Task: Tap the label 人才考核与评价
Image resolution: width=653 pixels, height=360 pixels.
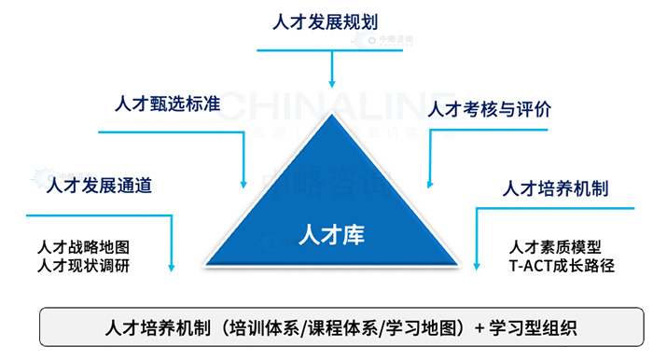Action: tap(489, 109)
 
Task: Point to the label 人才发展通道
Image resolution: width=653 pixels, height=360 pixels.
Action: tap(99, 186)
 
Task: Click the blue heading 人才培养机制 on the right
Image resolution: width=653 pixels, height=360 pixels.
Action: tap(555, 188)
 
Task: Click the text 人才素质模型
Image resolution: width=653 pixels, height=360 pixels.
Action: tap(556, 247)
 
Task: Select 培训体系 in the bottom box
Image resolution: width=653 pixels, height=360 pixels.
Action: tap(270, 328)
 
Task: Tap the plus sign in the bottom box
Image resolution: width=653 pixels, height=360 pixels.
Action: tap(479, 328)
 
